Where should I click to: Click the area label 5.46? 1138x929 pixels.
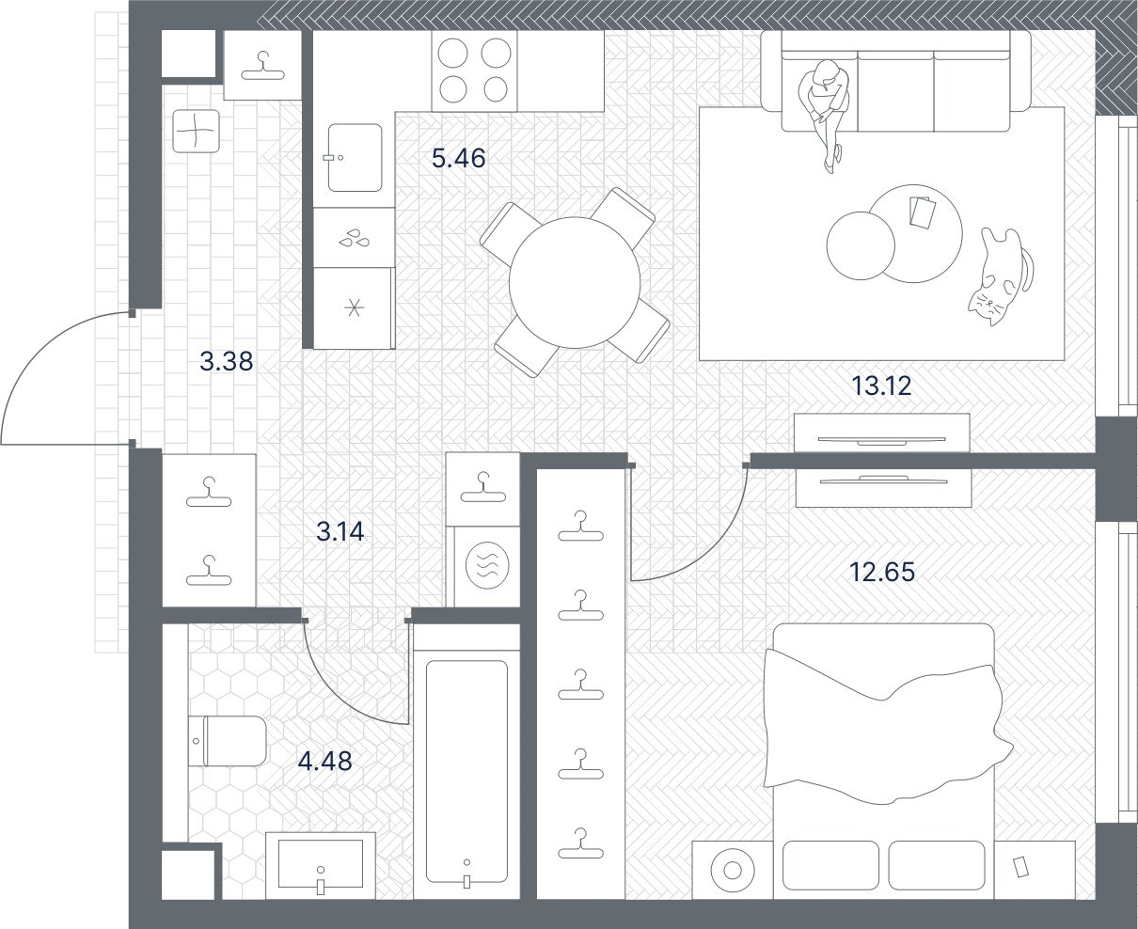(459, 158)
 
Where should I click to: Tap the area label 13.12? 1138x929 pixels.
(881, 386)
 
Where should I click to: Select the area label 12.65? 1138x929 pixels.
(882, 572)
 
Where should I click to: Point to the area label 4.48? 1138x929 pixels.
(324, 761)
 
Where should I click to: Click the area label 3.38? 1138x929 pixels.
(226, 361)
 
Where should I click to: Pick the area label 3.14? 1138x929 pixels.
(340, 531)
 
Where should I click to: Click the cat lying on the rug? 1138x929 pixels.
(1001, 276)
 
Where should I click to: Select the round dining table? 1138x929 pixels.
(575, 282)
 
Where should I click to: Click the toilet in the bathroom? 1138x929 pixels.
(228, 741)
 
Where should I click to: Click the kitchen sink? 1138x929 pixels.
(355, 158)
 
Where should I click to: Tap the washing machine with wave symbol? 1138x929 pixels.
(487, 565)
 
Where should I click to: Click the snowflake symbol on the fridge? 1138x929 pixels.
(354, 308)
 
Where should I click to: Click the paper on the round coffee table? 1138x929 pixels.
(923, 212)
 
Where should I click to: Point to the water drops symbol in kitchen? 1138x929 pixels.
(354, 238)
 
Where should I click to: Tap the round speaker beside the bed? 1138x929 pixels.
(733, 870)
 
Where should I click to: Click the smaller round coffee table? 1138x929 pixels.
(861, 245)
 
